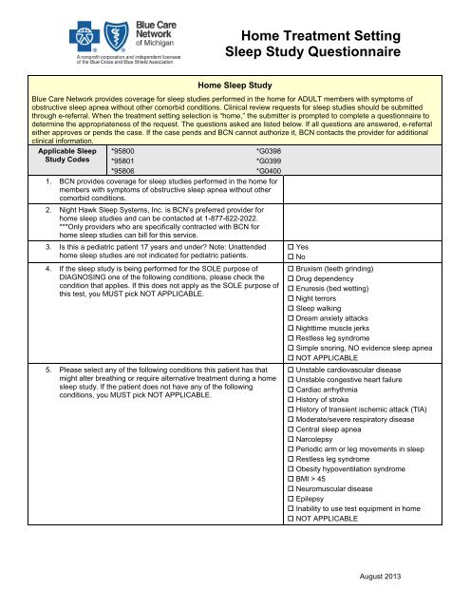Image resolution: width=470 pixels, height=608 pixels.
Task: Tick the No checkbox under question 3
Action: pos(290,257)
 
